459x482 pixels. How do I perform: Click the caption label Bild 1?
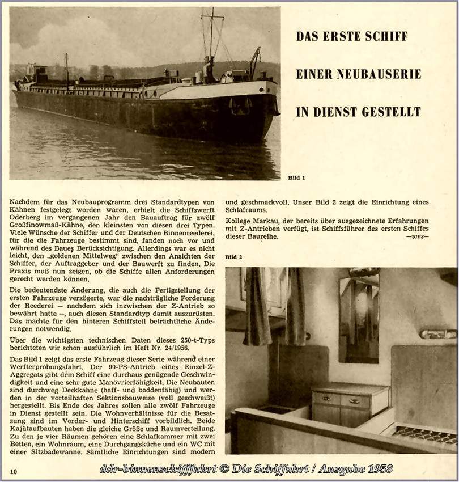click(x=296, y=177)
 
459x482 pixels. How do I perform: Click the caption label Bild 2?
click(x=233, y=257)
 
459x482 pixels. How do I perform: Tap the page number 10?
click(x=13, y=471)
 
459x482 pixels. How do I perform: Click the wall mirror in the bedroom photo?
click(x=359, y=318)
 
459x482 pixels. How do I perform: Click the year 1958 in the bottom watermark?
click(x=377, y=470)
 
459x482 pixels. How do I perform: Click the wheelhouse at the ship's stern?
click(x=40, y=73)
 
